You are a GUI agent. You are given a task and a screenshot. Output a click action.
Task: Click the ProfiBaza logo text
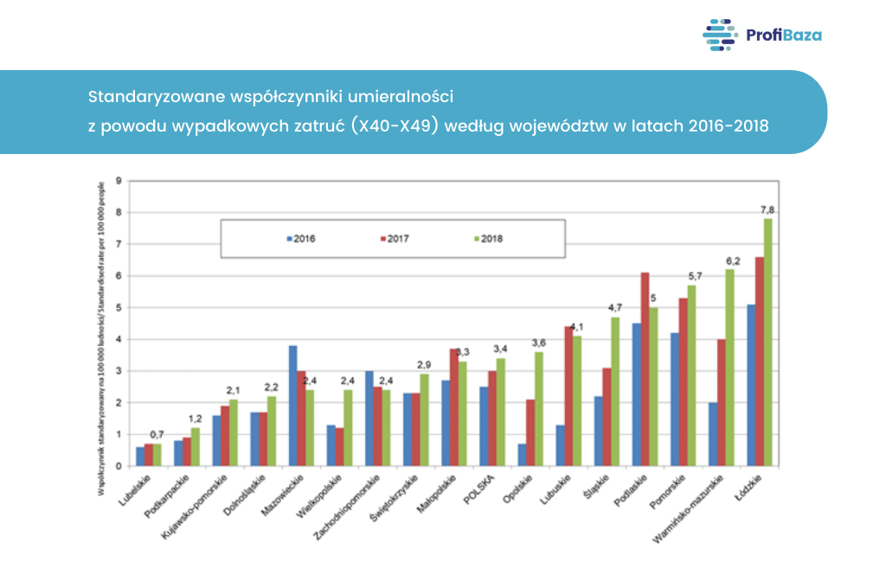783,35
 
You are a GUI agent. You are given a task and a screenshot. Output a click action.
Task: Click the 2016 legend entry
302,238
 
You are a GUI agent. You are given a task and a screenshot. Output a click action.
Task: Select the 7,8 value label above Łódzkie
767,209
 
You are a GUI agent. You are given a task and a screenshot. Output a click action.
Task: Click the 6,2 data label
732,260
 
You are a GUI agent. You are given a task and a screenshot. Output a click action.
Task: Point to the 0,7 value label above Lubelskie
157,434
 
